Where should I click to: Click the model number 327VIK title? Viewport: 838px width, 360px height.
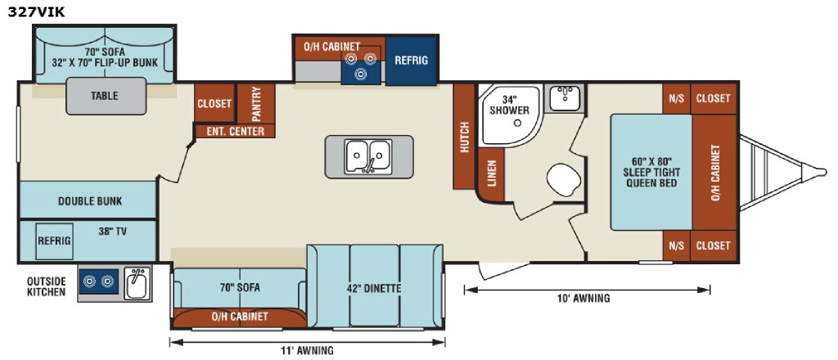[36, 11]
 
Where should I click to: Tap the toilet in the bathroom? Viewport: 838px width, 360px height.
[564, 180]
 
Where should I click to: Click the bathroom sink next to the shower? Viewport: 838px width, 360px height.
[565, 98]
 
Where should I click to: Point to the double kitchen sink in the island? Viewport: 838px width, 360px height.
[368, 156]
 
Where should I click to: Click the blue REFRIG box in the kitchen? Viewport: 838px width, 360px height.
[411, 61]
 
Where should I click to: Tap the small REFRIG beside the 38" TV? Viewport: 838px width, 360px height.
[54, 241]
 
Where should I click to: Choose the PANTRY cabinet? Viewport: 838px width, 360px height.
[256, 104]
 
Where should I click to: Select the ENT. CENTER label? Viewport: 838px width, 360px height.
[235, 132]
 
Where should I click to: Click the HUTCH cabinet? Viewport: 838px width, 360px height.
[464, 137]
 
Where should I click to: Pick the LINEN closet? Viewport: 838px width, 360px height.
[491, 174]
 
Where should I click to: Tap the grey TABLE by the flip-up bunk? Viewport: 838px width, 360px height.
[106, 97]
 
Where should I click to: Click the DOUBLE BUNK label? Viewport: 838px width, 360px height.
[90, 201]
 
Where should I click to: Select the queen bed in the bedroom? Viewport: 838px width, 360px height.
[651, 172]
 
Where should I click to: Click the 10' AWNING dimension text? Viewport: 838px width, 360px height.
[583, 299]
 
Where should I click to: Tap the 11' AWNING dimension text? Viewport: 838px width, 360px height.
[308, 351]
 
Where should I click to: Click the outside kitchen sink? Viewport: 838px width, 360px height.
[137, 283]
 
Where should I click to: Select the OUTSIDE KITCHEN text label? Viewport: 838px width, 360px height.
[47, 286]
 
